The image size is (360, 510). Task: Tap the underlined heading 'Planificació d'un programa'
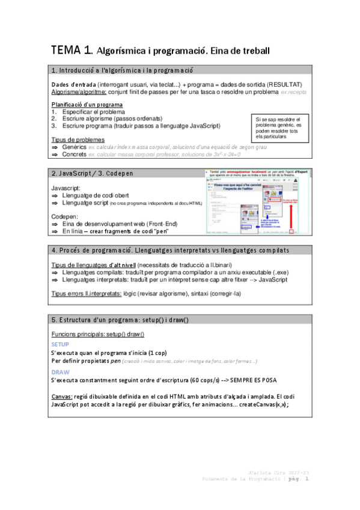tap(87, 105)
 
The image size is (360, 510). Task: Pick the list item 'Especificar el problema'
tap(94, 112)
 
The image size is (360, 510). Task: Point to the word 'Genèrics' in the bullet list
tap(75, 147)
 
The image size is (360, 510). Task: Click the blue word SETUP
tap(60, 344)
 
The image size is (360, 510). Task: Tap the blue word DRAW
tap(60, 372)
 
